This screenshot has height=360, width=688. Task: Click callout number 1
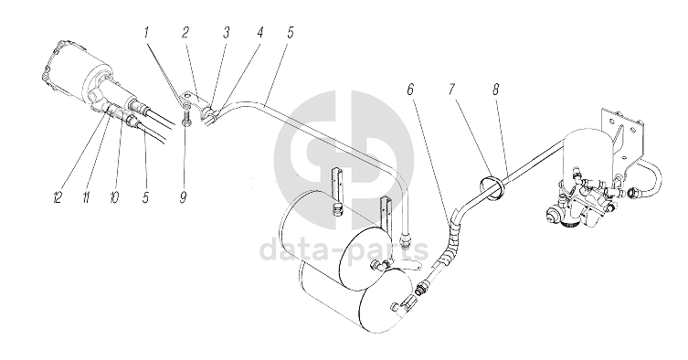[147, 34]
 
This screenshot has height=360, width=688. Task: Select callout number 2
[185, 33]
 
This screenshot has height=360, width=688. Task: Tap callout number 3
[226, 33]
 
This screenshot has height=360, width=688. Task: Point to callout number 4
[259, 33]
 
